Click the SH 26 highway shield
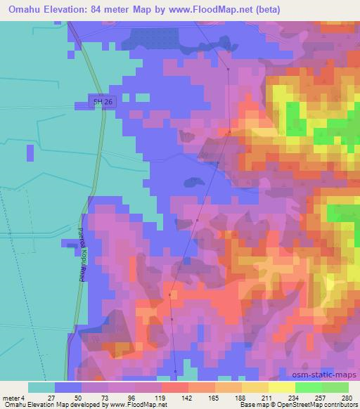pos(103,103)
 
